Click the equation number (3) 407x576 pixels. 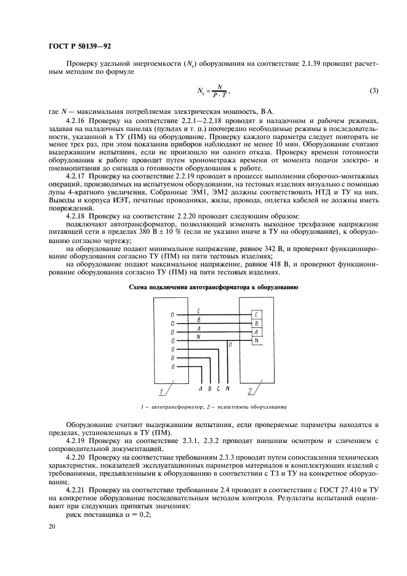coord(373,91)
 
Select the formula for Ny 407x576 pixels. coord(212,92)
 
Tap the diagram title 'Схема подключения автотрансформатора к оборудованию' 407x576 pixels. coord(205,287)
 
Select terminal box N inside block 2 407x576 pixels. coord(256,340)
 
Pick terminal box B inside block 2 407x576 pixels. coord(256,323)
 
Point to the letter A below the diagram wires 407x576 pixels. coord(201,389)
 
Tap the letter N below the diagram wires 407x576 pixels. coord(228,389)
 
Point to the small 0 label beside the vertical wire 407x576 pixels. coord(230,345)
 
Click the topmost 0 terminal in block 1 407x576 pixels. coord(173,315)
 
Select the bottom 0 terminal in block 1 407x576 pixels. coord(173,367)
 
